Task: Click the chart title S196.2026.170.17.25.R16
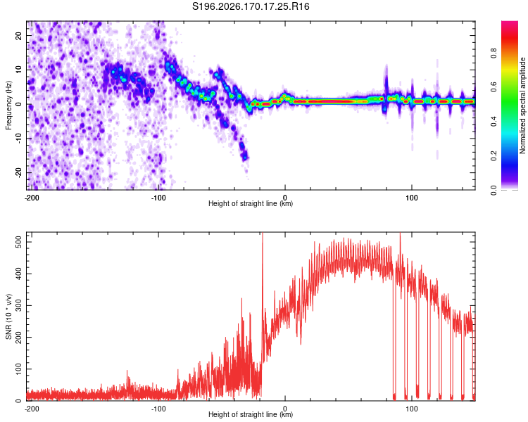click(251, 6)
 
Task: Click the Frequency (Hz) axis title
click(8, 105)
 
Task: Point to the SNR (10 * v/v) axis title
click(8, 316)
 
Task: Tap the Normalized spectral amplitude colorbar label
click(522, 105)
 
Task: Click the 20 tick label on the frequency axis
click(19, 35)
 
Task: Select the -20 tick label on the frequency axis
click(19, 172)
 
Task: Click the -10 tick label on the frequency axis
click(19, 139)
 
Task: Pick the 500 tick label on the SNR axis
click(19, 242)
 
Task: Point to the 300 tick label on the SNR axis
click(19, 305)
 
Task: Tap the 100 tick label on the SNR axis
click(19, 369)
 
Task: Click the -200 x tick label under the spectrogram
click(32, 198)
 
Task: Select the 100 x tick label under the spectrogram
click(412, 198)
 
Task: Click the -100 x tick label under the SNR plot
click(158, 409)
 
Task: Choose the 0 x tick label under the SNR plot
click(285, 409)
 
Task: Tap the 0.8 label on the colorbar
click(494, 53)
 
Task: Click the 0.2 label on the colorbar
click(494, 156)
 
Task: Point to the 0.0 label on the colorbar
click(494, 191)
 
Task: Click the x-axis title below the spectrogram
click(251, 203)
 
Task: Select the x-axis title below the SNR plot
click(251, 414)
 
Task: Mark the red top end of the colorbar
click(510, 22)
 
